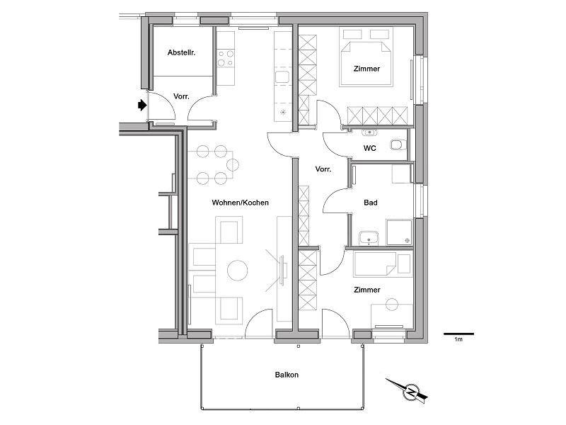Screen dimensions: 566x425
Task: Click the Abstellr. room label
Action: (181, 52)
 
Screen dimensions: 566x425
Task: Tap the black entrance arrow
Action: (143, 105)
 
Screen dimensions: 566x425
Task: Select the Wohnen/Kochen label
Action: (240, 203)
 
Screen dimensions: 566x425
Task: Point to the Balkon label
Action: (287, 375)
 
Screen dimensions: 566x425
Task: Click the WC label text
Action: (369, 148)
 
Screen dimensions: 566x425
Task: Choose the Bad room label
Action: (370, 203)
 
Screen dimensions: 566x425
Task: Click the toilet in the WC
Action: (398, 144)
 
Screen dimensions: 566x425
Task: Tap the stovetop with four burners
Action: (226, 59)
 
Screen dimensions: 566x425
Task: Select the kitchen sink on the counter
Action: (282, 77)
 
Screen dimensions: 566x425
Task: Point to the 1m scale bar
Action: (458, 334)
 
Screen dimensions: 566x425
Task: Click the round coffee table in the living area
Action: (238, 271)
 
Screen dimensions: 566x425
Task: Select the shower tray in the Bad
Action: (399, 232)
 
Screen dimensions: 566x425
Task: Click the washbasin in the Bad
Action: (369, 238)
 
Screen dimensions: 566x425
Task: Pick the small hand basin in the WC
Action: (369, 132)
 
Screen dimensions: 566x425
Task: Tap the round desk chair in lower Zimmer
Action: (392, 305)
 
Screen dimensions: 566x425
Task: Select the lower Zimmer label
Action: (366, 290)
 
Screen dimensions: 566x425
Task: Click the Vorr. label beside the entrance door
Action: (181, 96)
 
